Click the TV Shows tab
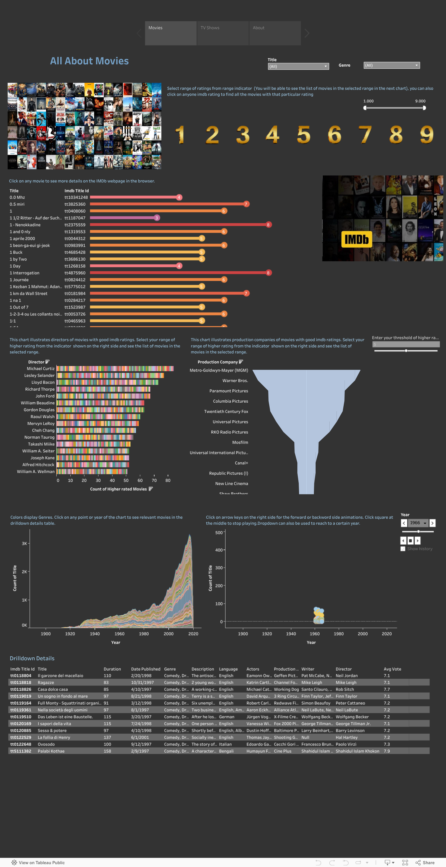222,33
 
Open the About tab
274,33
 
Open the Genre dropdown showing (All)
391,65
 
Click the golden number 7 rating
365,135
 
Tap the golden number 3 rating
243,135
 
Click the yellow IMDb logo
357,239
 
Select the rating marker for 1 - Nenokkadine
268,225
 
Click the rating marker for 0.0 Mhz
179,198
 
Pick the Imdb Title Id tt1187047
75,218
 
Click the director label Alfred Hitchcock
38,465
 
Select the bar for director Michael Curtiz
115,369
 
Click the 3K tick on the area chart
24,544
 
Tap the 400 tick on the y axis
219,550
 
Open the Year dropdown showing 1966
418,523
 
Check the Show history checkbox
403,549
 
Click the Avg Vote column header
392,669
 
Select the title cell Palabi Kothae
51,751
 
